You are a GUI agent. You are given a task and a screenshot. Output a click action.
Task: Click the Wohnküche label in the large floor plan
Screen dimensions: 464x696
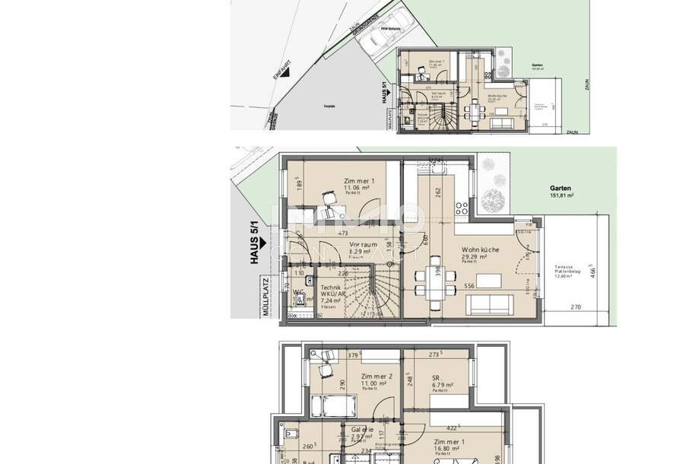coord(478,250)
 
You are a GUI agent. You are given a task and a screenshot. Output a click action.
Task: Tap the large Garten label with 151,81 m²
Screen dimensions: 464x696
coord(561,190)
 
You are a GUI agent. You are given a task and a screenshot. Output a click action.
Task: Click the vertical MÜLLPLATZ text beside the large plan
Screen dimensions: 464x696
coord(267,297)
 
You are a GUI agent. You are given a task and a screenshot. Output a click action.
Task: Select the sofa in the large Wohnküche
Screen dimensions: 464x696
coord(491,304)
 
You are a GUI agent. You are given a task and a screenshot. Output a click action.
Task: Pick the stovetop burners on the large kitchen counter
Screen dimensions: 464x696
coord(461,208)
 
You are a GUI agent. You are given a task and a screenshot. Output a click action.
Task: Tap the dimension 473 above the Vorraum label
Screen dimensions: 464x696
coord(343,234)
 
